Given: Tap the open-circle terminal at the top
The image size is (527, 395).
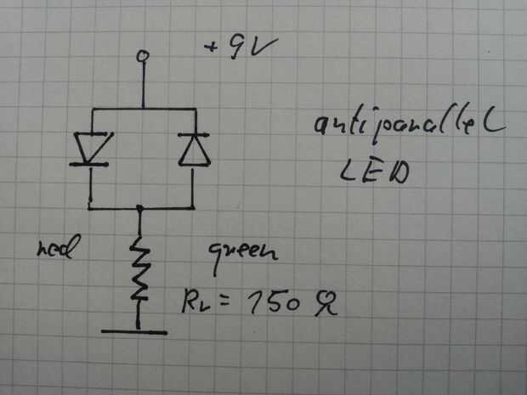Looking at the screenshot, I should click(x=144, y=56).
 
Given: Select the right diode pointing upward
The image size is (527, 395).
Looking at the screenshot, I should click(x=195, y=148).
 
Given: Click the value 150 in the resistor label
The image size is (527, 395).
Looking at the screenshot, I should click(x=267, y=303).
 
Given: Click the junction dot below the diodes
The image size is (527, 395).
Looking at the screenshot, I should click(x=141, y=207).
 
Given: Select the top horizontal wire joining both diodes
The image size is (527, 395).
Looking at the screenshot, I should click(x=143, y=109).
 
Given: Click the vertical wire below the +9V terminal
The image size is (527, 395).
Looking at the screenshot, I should click(x=144, y=84).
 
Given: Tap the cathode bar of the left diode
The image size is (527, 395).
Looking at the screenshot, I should click(x=89, y=163).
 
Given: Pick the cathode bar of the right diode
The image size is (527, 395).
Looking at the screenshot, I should click(x=195, y=135).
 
